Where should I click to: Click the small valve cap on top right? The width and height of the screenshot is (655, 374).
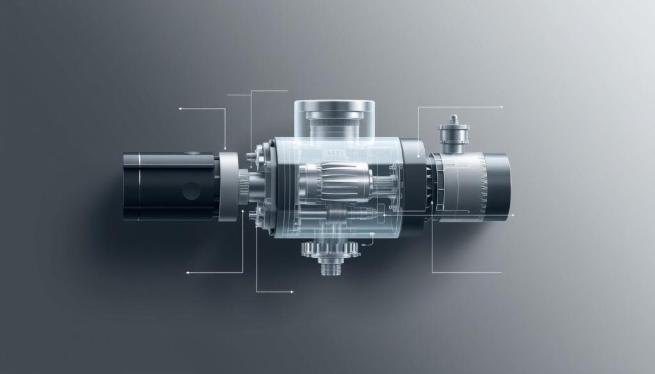pyautogui.click(x=454, y=131)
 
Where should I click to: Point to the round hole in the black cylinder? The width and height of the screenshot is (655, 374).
pyautogui.click(x=191, y=191)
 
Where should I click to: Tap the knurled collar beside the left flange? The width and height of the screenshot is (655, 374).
pyautogui.click(x=244, y=187)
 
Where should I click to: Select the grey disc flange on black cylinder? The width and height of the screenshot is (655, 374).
pyautogui.click(x=228, y=186)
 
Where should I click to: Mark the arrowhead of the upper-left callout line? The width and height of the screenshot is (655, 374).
pyautogui.click(x=181, y=109)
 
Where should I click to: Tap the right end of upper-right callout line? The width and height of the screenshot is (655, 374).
pyautogui.click(x=502, y=107)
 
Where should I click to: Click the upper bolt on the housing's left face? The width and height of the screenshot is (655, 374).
pyautogui.click(x=258, y=153)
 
